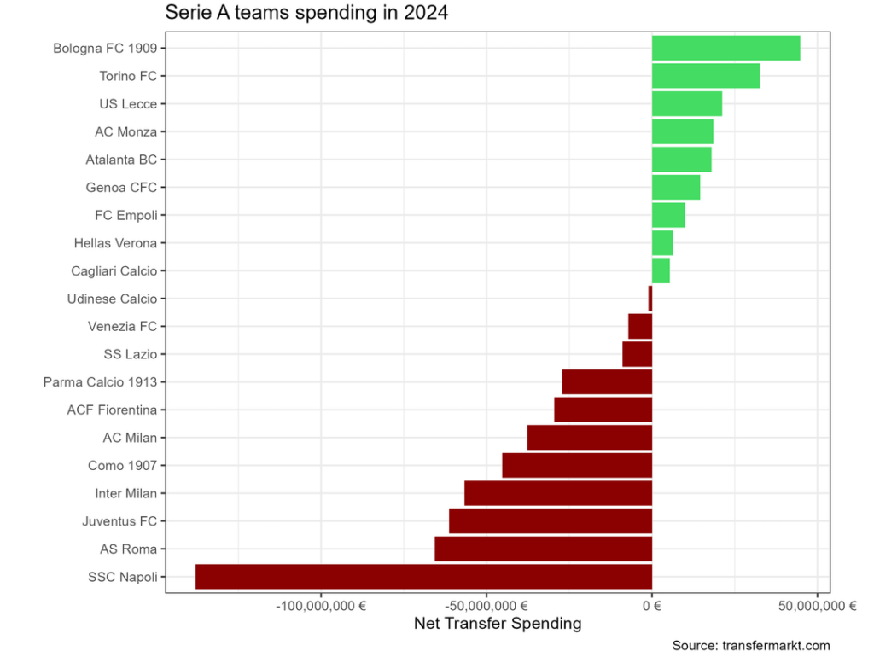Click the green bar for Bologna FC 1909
[725, 49]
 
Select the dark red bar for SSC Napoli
[423, 577]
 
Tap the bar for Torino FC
[705, 76]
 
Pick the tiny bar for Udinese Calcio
[650, 299]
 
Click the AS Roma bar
[543, 549]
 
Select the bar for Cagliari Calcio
[661, 270]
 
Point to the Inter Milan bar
[558, 493]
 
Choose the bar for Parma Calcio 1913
[607, 382]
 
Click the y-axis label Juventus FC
[119, 521]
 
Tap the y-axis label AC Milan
[130, 438]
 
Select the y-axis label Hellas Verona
[115, 243]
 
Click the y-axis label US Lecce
[128, 104]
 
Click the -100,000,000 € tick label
[321, 607]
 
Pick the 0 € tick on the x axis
[652, 607]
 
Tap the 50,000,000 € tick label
[817, 607]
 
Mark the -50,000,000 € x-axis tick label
[487, 607]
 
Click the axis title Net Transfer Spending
[497, 624]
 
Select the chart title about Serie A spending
[306, 14]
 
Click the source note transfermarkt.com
[750, 646]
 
